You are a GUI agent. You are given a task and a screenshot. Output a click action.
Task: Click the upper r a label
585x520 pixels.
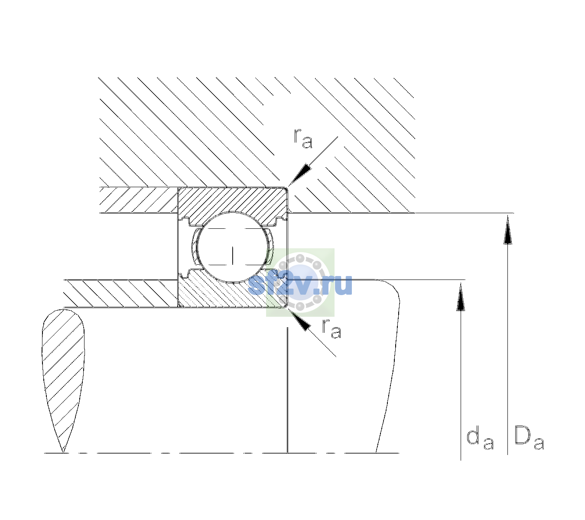pos(303,139)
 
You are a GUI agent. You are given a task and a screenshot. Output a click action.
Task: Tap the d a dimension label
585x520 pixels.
pos(480,439)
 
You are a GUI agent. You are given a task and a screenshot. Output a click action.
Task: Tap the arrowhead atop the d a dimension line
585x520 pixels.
pos(461,297)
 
